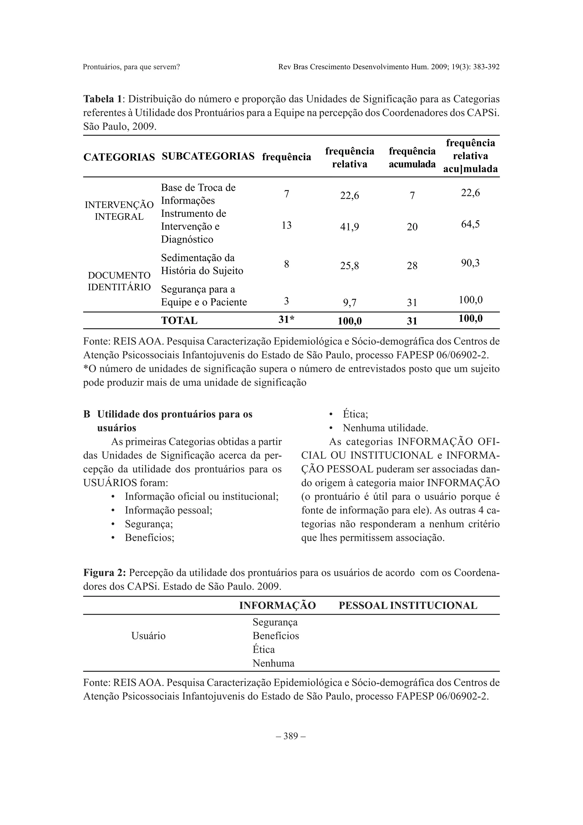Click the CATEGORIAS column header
pyautogui.click(x=119, y=157)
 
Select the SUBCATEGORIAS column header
pyautogui.click(x=208, y=156)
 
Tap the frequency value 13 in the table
pyautogui.click(x=286, y=225)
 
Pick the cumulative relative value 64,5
pyautogui.click(x=470, y=225)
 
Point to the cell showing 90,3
pyautogui.click(x=470, y=263)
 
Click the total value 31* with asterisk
pyautogui.click(x=286, y=319)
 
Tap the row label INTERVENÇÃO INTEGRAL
pyautogui.click(x=119, y=211)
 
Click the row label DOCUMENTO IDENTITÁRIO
pyautogui.click(x=119, y=281)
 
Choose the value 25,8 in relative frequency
pyautogui.click(x=349, y=266)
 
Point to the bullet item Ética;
pyautogui.click(x=355, y=414)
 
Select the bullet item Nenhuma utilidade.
pyautogui.click(x=385, y=428)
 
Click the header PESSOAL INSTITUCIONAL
pyautogui.click(x=408, y=606)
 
